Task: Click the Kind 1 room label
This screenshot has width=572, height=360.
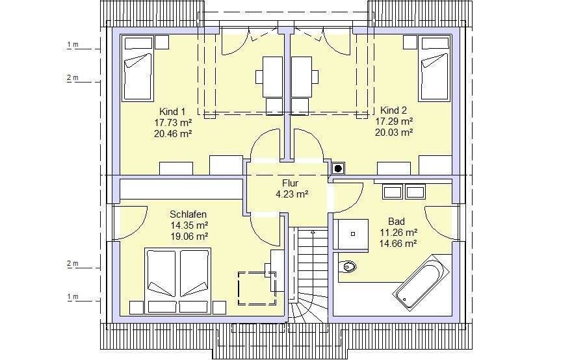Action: pyautogui.click(x=172, y=111)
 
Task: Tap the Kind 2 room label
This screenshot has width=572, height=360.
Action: pyautogui.click(x=393, y=110)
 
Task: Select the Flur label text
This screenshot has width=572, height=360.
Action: pyautogui.click(x=291, y=183)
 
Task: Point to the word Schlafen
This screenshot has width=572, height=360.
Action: pyautogui.click(x=188, y=214)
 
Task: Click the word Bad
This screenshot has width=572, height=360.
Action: pyautogui.click(x=396, y=222)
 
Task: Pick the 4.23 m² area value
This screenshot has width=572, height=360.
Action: pyautogui.click(x=292, y=194)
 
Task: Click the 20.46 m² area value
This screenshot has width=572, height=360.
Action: pyautogui.click(x=173, y=133)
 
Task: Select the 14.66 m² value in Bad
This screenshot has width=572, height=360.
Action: pyautogui.click(x=398, y=243)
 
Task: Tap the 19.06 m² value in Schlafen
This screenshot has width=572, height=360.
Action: pyautogui.click(x=189, y=237)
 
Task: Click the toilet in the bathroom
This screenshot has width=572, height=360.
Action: pyautogui.click(x=347, y=266)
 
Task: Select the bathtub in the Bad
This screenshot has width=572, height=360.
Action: pyautogui.click(x=421, y=283)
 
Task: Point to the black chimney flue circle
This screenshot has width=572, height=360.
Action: pyautogui.click(x=338, y=168)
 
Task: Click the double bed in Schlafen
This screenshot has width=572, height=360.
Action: pyautogui.click(x=178, y=281)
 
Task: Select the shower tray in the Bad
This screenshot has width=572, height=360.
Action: pyautogui.click(x=352, y=234)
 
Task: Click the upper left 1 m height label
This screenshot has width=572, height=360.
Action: pyautogui.click(x=73, y=44)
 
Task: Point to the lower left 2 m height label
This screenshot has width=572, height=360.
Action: pyautogui.click(x=73, y=263)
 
